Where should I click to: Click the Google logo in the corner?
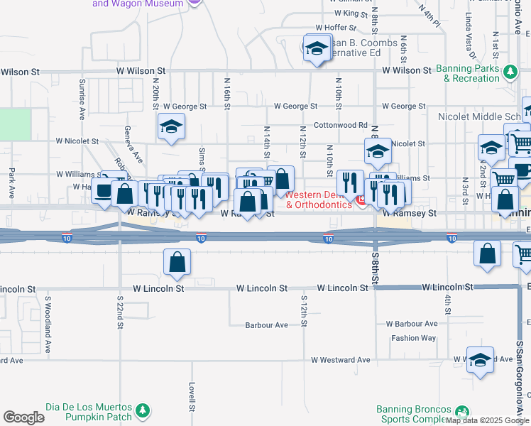click(x=23, y=417)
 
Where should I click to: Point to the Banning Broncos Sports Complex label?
click(x=414, y=415)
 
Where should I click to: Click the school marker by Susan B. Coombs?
click(x=317, y=48)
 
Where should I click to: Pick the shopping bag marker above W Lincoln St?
click(x=177, y=263)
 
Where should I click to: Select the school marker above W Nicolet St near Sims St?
click(x=170, y=128)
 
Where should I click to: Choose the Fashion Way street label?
click(x=414, y=338)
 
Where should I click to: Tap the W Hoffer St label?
click(x=353, y=28)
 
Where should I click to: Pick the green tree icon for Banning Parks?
click(x=509, y=71)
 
